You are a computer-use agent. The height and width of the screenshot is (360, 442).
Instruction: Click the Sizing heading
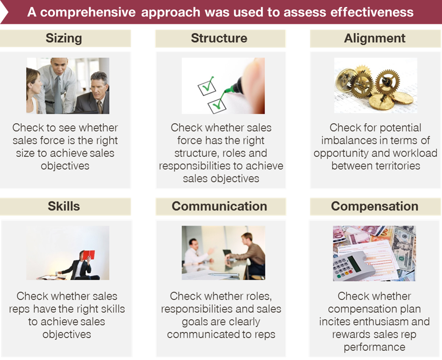(64, 39)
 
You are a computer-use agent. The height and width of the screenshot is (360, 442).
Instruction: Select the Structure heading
(219, 38)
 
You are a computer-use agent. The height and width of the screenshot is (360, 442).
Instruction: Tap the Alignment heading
(374, 38)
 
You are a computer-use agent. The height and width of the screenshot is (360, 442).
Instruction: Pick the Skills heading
(64, 206)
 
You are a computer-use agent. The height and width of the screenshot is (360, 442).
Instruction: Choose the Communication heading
(219, 206)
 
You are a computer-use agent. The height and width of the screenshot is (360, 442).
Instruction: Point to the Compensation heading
(374, 207)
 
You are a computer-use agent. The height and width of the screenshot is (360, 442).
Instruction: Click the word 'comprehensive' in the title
(88, 13)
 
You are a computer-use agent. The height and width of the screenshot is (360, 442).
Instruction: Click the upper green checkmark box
(207, 88)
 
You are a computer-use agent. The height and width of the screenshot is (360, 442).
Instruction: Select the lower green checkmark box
(217, 106)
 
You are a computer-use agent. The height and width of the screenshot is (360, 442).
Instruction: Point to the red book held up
(89, 255)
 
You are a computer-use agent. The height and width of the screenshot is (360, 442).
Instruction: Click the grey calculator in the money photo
(354, 266)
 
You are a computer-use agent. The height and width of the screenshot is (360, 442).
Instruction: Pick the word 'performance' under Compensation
(374, 347)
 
